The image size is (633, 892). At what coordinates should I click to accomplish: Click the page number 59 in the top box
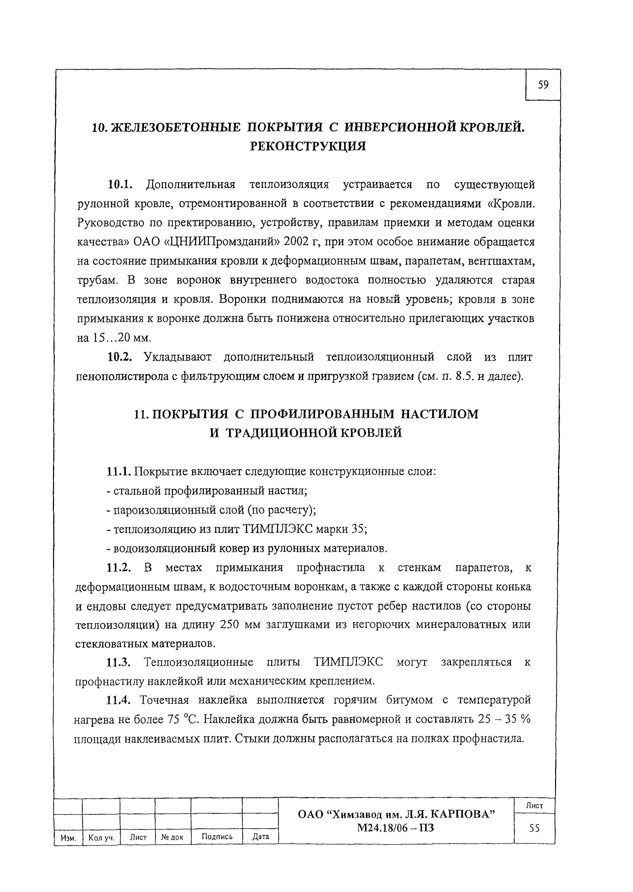[543, 85]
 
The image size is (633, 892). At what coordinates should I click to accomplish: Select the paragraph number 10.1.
[120, 184]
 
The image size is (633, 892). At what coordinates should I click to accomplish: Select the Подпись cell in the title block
[217, 836]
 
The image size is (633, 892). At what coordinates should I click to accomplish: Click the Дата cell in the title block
[260, 836]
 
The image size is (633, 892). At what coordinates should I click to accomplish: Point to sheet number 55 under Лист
[534, 828]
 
